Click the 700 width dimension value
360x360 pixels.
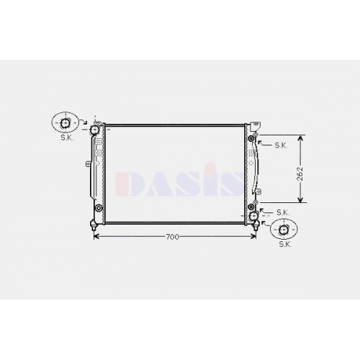172,237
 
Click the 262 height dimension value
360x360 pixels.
300,174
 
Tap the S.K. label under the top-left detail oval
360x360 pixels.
67,138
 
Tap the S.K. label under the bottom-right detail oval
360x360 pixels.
285,244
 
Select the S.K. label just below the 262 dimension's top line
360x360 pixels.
281,145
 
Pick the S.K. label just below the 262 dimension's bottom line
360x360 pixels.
283,212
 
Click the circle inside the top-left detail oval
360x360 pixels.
65,123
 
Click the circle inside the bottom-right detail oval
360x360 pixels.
284,230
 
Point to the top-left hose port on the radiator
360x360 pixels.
94,130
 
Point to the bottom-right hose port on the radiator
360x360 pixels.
253,216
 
